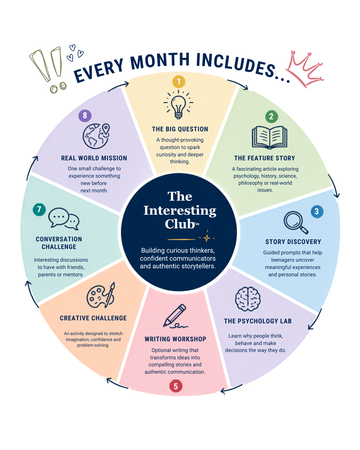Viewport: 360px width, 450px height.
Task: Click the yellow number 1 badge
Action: [179, 82]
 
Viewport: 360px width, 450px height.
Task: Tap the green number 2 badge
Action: [272, 116]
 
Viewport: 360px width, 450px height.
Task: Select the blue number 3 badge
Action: [317, 211]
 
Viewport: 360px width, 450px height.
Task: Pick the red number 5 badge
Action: [176, 386]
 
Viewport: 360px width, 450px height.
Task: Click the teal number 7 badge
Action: [39, 209]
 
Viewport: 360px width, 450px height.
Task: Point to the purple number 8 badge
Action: [85, 115]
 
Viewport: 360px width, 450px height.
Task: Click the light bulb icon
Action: [178, 104]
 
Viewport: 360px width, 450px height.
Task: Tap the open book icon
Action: [269, 137]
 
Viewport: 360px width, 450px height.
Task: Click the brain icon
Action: [248, 299]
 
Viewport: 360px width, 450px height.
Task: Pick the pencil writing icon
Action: [175, 316]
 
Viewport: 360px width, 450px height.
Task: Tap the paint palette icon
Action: [101, 295]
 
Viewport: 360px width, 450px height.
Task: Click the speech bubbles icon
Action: [64, 219]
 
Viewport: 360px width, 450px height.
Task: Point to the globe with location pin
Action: [96, 136]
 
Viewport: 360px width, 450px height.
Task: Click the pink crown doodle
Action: [305, 69]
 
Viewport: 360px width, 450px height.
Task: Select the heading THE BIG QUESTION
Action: [180, 129]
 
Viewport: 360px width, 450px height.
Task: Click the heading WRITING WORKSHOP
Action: [175, 339]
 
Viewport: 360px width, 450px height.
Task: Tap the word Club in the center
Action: [180, 224]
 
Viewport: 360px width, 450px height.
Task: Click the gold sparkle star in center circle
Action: [207, 238]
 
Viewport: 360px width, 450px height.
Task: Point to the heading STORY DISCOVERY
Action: [293, 242]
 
